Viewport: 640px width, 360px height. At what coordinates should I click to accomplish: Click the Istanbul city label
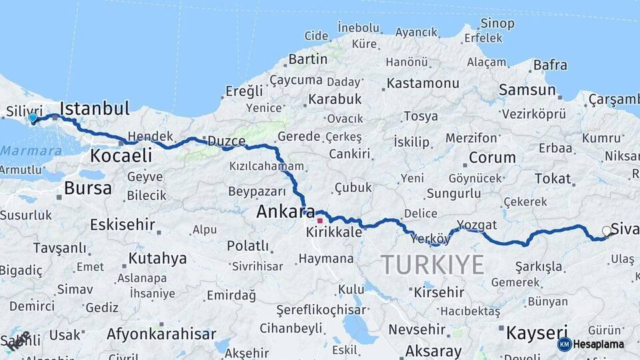94,109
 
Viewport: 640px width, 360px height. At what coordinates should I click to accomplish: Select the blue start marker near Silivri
32,119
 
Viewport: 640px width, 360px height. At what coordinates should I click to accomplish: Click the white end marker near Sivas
606,231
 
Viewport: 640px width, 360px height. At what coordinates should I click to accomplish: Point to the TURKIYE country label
433,265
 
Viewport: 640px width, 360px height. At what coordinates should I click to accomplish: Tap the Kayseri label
536,332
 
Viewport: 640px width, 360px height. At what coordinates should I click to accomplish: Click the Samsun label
527,90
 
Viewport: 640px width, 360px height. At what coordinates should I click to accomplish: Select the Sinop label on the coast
497,23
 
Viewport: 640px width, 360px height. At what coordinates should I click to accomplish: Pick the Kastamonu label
423,83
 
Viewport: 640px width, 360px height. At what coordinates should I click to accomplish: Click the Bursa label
87,188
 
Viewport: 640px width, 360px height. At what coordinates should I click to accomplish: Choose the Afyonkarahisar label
161,334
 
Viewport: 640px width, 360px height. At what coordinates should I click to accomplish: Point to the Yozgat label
477,225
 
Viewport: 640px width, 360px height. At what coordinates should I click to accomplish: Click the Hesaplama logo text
598,345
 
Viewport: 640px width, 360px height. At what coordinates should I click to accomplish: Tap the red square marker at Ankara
320,221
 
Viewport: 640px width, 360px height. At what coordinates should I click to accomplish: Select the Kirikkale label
334,233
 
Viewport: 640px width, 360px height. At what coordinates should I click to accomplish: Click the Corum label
492,158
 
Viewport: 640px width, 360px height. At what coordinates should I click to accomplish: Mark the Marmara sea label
31,151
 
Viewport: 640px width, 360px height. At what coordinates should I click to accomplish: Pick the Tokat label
553,179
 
